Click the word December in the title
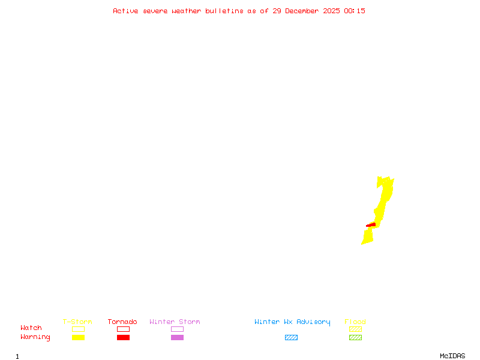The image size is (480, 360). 305,11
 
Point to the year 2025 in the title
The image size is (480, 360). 332,11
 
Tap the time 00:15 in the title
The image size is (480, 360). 355,11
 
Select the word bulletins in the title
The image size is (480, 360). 224,11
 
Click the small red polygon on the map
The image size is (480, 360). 371,225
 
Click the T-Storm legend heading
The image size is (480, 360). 77,322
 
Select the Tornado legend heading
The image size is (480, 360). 122,322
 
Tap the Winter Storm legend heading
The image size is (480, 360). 175,322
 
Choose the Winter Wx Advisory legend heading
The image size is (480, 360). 292,322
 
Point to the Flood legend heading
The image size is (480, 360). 355,322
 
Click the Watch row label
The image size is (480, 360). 31,328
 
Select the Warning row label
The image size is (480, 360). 35,337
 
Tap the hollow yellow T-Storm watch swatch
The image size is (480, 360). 78,329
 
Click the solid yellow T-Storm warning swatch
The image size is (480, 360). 78,338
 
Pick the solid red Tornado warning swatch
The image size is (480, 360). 123,338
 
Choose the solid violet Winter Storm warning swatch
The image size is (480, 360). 177,338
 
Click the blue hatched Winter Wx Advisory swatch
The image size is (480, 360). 291,338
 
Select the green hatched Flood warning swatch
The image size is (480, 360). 355,338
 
